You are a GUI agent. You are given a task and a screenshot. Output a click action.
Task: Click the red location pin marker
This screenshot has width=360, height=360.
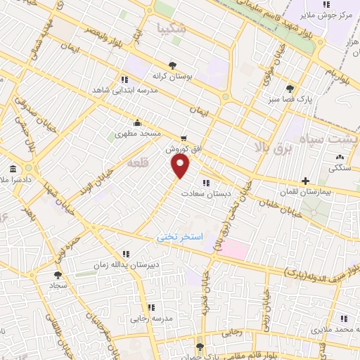(x=181, y=166)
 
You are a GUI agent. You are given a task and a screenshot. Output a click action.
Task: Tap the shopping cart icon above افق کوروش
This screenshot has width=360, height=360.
(x=184, y=139)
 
